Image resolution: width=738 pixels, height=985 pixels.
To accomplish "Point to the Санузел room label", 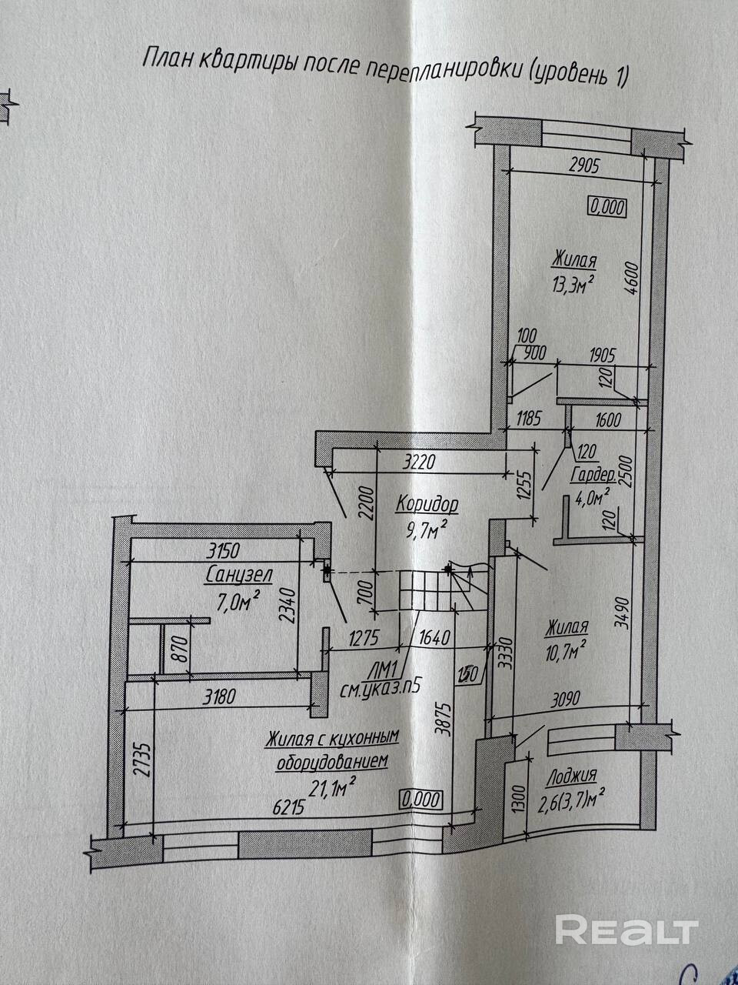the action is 239,575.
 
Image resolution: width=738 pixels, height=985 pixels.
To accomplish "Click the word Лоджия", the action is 571,776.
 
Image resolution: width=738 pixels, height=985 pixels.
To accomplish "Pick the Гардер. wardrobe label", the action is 593,476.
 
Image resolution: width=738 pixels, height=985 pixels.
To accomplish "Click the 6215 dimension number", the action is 290,807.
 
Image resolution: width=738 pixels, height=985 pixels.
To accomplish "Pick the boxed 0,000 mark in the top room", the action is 608,207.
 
